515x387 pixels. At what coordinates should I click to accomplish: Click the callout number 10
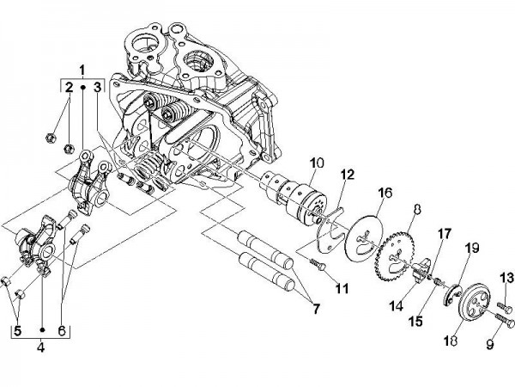tap(317, 162)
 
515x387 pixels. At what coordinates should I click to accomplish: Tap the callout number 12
tap(347, 175)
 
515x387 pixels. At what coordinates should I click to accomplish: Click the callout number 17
tap(445, 232)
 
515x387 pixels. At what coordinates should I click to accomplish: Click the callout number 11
tap(342, 288)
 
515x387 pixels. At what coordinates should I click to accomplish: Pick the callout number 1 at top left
tap(82, 67)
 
